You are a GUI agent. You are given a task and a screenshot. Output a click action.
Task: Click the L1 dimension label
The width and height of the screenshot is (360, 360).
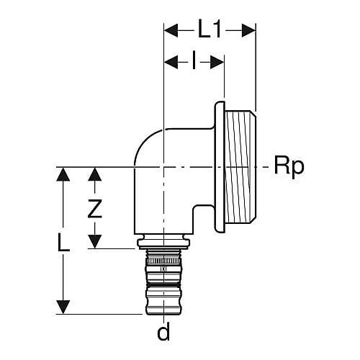point(209,30)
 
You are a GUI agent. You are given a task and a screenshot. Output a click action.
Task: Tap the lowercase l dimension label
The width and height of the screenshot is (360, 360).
point(194,62)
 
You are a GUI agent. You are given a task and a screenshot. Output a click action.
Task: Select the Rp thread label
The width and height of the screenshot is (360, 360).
point(289,166)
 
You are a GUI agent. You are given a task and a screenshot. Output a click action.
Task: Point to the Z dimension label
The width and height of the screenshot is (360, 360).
point(94,209)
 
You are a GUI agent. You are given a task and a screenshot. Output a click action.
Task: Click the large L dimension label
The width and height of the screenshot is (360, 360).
point(63,242)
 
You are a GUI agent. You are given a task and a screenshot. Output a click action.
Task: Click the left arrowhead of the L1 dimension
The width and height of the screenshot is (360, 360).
point(171,30)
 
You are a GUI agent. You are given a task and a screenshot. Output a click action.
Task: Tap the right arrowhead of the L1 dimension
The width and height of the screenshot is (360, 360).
point(248,30)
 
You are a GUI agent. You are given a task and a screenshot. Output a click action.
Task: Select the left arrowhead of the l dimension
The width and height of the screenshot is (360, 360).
point(171,63)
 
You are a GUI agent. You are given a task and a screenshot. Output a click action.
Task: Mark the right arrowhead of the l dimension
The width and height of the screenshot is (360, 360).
point(217,63)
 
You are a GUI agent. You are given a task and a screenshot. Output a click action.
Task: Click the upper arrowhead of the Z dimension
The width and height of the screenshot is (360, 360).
point(95,174)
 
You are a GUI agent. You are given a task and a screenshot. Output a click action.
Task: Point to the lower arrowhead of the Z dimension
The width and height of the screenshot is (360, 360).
point(95,241)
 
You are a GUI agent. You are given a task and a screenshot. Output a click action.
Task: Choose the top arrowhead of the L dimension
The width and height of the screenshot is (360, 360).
point(63,174)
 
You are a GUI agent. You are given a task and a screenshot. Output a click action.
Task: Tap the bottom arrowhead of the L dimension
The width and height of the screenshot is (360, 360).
point(63,307)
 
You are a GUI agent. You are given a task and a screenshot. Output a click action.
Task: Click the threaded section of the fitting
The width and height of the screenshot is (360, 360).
point(240,167)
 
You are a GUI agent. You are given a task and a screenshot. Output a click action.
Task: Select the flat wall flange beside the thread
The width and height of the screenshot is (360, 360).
point(220,167)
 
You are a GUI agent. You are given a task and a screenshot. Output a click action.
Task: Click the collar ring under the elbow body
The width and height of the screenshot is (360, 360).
point(163,243)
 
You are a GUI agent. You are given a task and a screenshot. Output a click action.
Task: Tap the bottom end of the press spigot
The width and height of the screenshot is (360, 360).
point(163,312)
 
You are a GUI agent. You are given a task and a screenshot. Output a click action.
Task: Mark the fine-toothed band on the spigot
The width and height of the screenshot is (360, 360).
point(163,261)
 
